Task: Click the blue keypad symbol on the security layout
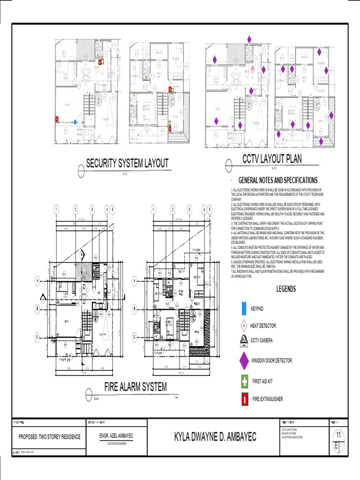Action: coord(75,121)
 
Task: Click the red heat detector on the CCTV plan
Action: coord(252,68)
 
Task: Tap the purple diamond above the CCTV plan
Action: coord(249,39)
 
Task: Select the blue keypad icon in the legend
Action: coord(244,309)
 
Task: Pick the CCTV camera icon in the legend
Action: coord(244,340)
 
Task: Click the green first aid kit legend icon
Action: coord(245,382)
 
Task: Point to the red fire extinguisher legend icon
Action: coord(245,399)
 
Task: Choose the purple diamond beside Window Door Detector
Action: coord(244,360)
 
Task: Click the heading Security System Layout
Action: coord(127,163)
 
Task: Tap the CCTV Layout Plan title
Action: coord(272,159)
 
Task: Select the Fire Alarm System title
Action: coord(135,387)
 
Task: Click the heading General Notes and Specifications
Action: coord(278,180)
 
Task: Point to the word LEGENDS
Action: coord(285,289)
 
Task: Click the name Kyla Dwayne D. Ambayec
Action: coord(215,437)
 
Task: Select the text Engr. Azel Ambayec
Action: coord(117,435)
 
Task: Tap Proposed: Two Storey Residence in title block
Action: coord(49,436)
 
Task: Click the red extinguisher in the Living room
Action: coord(58,119)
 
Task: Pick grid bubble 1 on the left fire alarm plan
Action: coord(55,209)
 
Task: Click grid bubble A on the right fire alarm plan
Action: coord(135,280)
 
